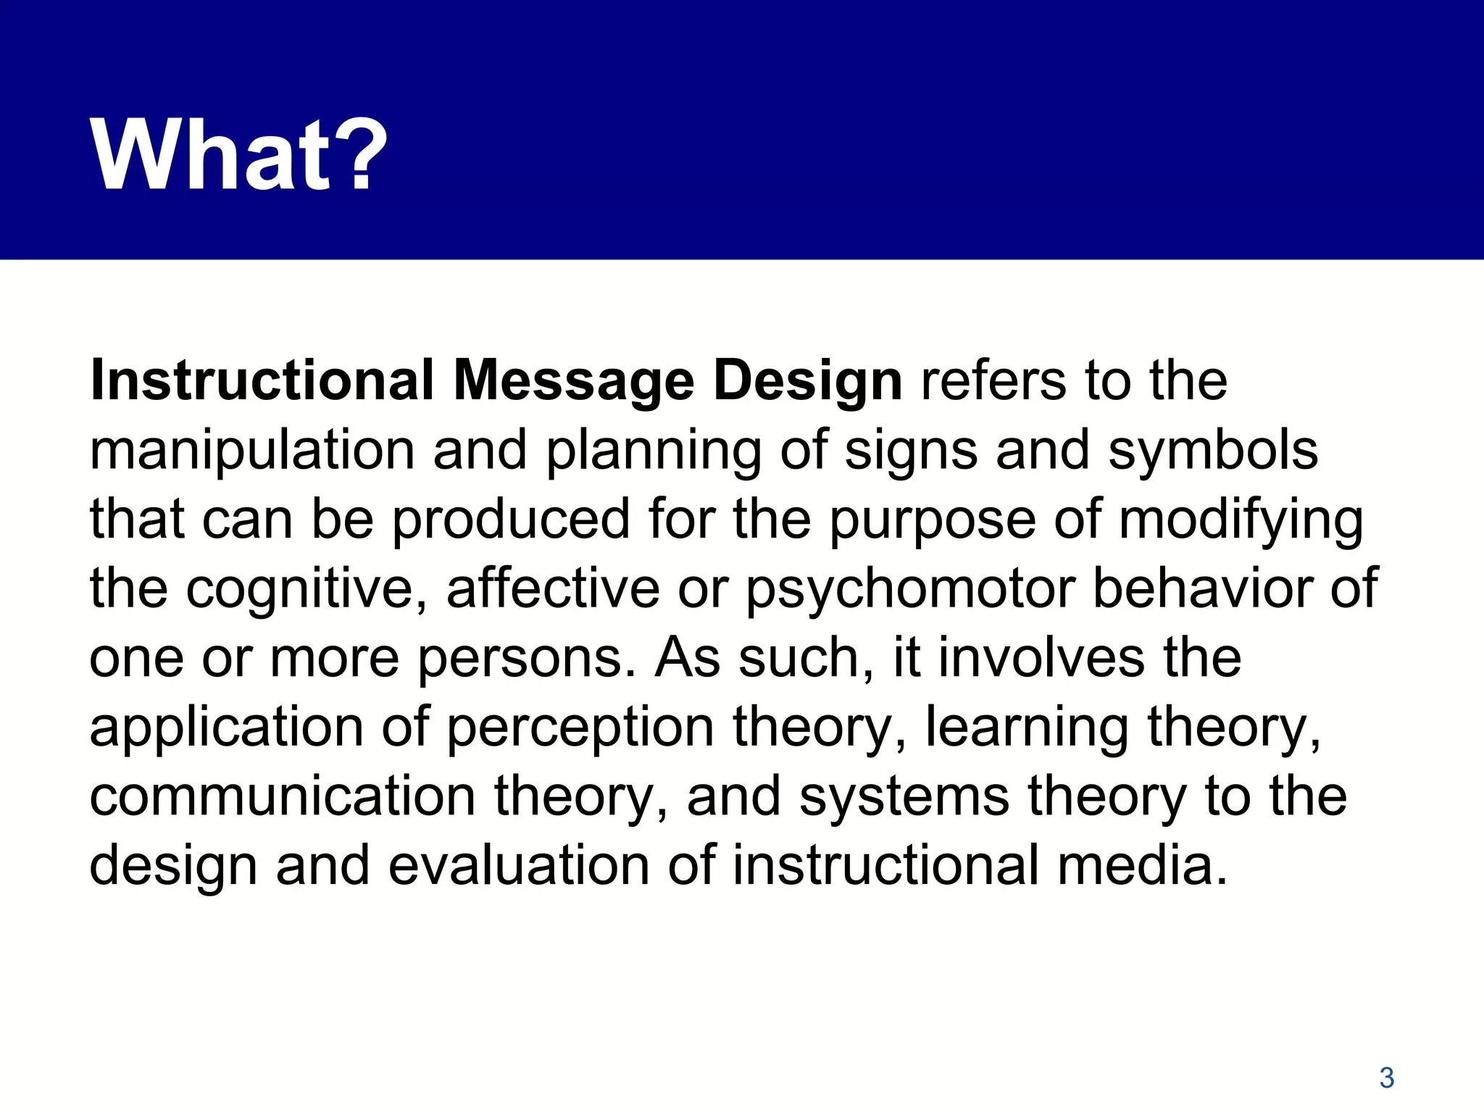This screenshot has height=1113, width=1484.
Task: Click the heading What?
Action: [x=239, y=156]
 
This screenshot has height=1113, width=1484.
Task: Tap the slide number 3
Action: [x=1386, y=1078]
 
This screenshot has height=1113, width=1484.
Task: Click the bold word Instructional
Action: [x=262, y=381]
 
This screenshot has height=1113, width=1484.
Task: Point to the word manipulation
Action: [x=251, y=451]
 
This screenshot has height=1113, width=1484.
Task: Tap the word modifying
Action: [x=1241, y=520]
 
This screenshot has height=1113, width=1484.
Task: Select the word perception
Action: [x=580, y=728]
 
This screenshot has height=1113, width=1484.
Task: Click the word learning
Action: [x=1026, y=728]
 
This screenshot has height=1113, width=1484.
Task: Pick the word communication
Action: [x=283, y=796]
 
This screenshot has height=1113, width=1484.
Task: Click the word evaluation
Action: [x=519, y=865]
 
